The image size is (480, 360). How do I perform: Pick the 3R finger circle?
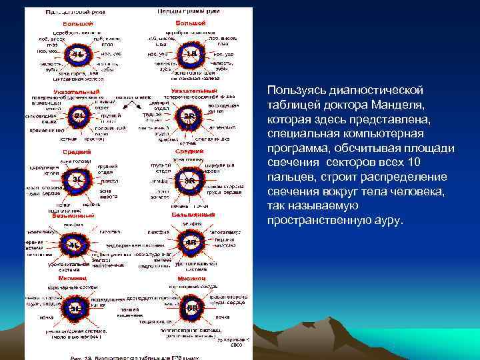(x=191, y=181)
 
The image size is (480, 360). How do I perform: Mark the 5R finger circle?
(x=191, y=307)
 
